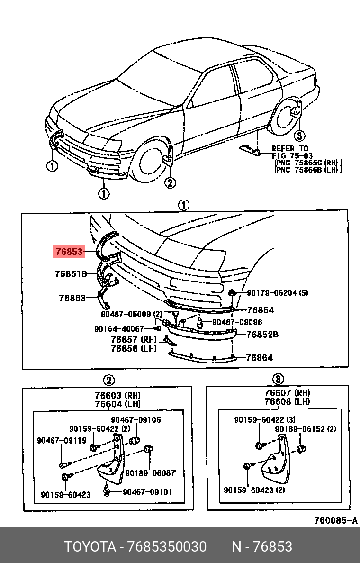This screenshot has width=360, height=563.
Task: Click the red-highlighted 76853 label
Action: click(x=68, y=252)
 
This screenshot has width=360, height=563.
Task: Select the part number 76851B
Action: click(x=71, y=273)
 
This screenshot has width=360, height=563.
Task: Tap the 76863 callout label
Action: click(x=72, y=298)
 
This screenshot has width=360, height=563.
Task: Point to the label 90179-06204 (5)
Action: click(x=277, y=293)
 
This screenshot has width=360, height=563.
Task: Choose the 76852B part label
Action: click(x=262, y=335)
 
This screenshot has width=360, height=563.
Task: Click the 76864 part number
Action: click(x=259, y=358)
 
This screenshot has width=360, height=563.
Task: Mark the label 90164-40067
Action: click(x=119, y=329)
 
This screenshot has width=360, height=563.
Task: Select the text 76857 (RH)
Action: click(x=134, y=339)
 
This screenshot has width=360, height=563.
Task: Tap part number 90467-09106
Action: click(x=136, y=420)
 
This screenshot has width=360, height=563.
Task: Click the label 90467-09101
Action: click(x=147, y=492)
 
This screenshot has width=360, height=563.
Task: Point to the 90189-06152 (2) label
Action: click(x=306, y=429)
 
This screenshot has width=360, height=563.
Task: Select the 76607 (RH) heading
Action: click(x=287, y=393)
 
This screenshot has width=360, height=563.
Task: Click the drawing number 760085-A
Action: click(x=336, y=520)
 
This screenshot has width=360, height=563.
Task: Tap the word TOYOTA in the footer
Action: click(x=90, y=547)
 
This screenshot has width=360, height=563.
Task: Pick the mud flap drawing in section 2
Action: click(x=111, y=462)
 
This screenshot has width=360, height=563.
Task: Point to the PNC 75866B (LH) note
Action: click(x=308, y=170)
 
